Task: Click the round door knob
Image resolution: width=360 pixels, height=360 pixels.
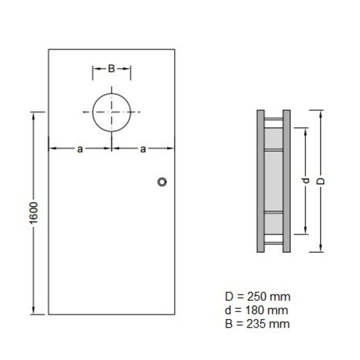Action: (163, 182)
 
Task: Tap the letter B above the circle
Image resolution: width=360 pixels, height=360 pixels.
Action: (111, 68)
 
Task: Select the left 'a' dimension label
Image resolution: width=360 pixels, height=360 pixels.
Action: (80, 149)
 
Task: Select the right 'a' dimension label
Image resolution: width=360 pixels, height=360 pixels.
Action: (143, 149)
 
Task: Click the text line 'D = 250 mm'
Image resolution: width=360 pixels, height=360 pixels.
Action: (257, 297)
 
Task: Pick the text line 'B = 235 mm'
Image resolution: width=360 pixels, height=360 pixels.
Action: (257, 323)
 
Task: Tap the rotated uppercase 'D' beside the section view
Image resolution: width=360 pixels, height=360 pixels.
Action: (320, 181)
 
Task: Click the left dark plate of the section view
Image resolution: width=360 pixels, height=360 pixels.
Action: (260, 181)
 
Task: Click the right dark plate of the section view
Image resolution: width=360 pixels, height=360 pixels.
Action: (286, 181)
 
